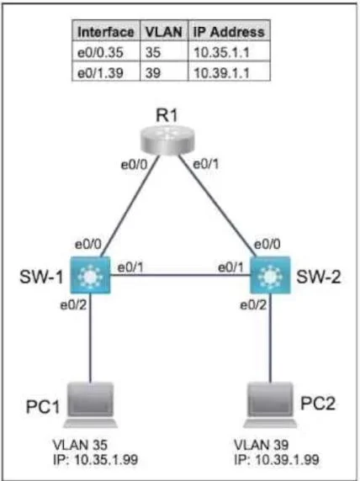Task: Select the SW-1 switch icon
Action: pos(90,275)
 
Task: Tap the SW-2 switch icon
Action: pos(270,275)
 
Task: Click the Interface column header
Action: pos(106,32)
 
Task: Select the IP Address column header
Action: pos(229,32)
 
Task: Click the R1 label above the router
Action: pos(167,116)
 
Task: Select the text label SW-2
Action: pos(319,277)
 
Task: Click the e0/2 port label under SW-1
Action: pos(73,305)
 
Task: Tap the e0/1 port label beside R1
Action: pos(205,165)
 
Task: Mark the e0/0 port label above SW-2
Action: pos(267,245)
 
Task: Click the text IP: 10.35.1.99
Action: pos(95,459)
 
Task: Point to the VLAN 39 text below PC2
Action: pos(262,445)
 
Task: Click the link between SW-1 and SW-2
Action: pos(180,275)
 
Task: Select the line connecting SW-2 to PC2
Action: pos(270,338)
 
